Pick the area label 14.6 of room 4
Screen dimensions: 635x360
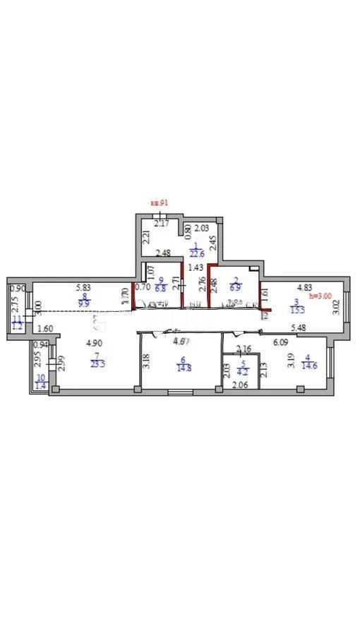[310, 366]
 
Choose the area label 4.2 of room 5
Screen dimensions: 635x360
[242, 371]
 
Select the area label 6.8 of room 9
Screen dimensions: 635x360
[162, 289]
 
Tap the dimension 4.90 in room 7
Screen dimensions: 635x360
[94, 344]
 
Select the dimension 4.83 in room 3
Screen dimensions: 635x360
[304, 287]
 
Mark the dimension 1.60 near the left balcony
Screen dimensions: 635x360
[44, 328]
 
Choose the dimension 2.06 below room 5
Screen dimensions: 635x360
[241, 384]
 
